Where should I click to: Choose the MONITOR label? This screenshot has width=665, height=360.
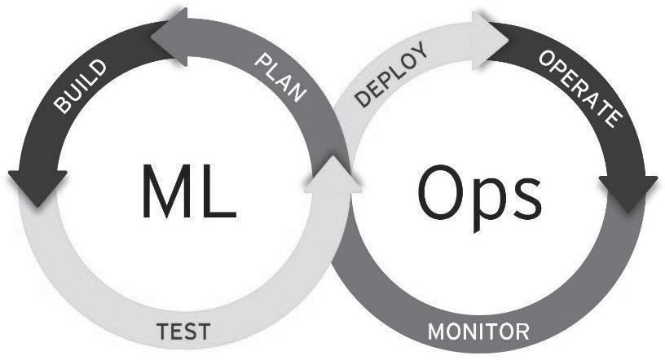[x=478, y=332]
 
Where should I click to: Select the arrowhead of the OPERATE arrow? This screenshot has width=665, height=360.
[x=628, y=192]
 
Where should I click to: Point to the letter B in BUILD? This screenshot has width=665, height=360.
[x=60, y=105]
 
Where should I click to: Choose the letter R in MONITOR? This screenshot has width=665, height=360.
[x=522, y=332]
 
